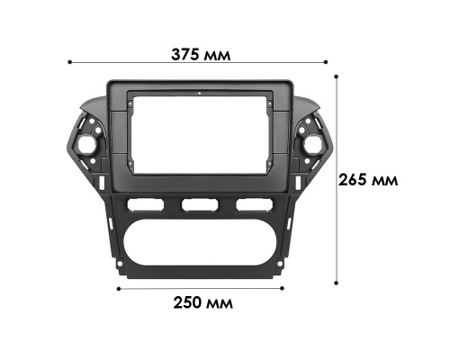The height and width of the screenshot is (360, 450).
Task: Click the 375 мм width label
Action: click(201, 54)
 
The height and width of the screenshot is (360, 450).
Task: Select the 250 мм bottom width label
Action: click(202, 303)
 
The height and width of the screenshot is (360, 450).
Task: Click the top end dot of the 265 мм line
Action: click(338, 76)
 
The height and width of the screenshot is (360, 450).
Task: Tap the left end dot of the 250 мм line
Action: click(119, 289)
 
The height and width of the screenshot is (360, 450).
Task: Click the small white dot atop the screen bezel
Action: click(199, 94)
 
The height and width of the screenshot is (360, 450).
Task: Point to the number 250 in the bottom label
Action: click(189, 303)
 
